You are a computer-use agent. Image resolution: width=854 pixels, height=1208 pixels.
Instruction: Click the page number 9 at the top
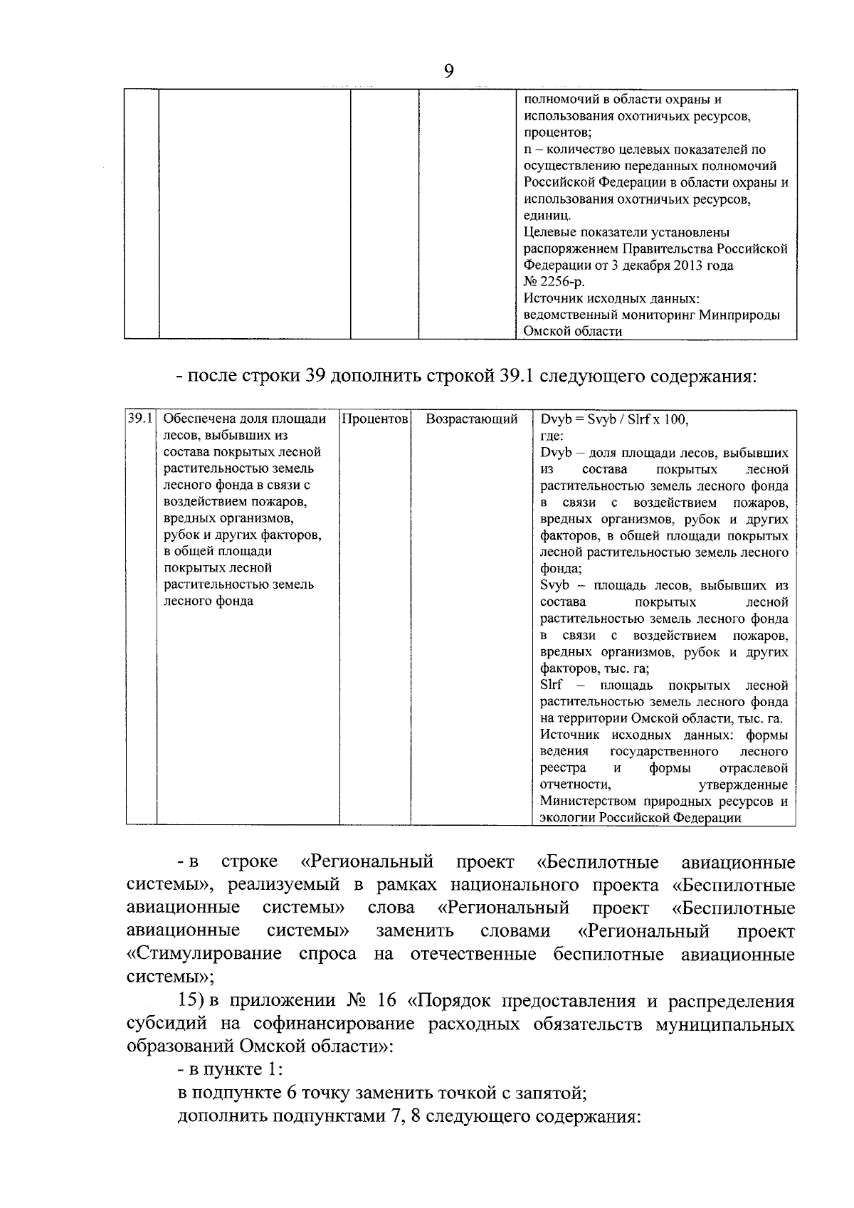tap(448, 70)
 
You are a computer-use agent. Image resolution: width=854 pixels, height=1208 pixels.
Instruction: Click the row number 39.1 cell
tap(141, 419)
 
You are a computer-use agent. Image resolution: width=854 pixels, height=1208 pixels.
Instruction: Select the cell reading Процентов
tap(375, 419)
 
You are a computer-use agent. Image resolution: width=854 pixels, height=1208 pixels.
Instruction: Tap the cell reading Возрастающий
tap(471, 419)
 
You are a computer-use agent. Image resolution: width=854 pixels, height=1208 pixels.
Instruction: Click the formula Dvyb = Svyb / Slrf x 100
tap(614, 419)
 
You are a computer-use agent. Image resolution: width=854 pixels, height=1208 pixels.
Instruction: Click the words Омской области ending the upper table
tap(572, 331)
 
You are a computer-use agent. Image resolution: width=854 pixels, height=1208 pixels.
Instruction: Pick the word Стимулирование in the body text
tap(204, 954)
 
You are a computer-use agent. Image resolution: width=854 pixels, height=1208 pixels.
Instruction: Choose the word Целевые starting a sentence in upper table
tap(548, 232)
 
